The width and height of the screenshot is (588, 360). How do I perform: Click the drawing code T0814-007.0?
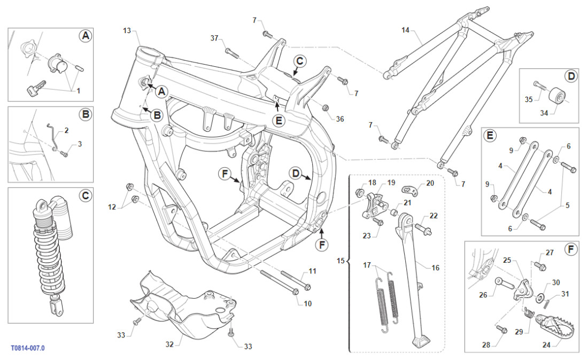(x=28, y=348)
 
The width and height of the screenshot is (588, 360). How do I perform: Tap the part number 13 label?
(x=127, y=30)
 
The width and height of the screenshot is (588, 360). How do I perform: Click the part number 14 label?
(x=405, y=30)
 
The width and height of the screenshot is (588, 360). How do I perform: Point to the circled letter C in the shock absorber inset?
(x=85, y=196)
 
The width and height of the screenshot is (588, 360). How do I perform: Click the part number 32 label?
(x=169, y=345)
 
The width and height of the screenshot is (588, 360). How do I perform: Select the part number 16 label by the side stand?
(x=435, y=268)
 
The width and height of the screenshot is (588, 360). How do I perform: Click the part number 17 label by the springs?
(x=367, y=265)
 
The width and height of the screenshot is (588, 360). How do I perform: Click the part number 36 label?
(x=340, y=119)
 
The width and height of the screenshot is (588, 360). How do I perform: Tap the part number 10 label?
(x=307, y=303)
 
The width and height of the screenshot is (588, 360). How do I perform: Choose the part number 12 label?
(x=112, y=207)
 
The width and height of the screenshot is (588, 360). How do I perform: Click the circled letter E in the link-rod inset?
(x=490, y=136)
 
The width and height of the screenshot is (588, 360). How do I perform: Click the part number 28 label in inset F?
(x=485, y=345)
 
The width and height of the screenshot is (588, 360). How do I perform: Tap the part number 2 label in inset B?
(x=67, y=130)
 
